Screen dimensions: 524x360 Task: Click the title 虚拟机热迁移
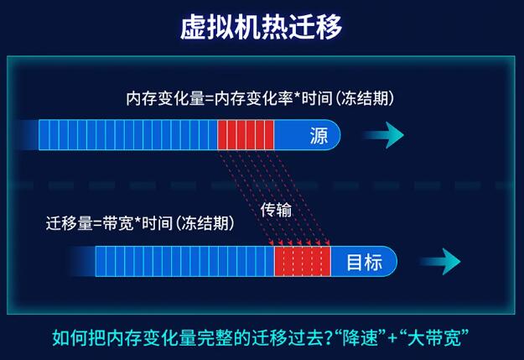click(261, 27)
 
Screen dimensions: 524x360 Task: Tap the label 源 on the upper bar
click(319, 135)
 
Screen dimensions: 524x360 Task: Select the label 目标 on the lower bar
click(364, 262)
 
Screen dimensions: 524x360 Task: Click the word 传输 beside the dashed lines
click(276, 210)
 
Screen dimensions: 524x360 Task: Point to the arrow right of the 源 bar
click(383, 135)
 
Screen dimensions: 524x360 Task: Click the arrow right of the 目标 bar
click(440, 262)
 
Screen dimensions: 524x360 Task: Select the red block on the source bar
click(246, 135)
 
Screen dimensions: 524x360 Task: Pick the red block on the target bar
click(303, 262)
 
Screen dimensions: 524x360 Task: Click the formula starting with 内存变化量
click(260, 98)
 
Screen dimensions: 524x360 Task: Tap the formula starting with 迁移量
click(140, 223)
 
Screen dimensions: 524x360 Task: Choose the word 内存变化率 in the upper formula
click(253, 98)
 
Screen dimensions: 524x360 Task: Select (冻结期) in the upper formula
click(364, 98)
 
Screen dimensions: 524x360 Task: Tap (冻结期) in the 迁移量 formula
click(205, 223)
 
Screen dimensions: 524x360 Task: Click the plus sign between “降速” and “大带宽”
click(392, 338)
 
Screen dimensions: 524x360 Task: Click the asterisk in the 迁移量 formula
click(137, 221)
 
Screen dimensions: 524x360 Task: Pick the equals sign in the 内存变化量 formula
click(210, 99)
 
